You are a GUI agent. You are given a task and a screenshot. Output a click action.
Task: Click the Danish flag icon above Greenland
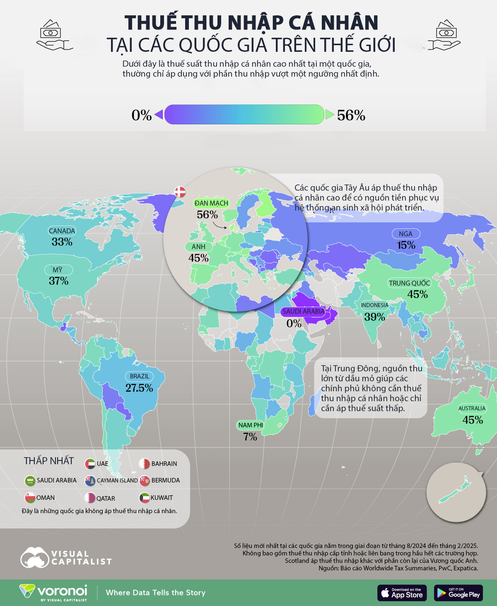tap(180, 191)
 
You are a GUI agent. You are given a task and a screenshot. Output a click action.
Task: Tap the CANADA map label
tap(62, 231)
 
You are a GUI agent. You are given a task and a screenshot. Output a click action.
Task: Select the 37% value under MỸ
tap(59, 281)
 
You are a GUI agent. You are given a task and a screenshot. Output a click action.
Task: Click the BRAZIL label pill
tap(140, 376)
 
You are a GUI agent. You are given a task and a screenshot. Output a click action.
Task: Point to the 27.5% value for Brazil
tap(139, 388)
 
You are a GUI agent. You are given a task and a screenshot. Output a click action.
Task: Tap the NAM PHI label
tap(251, 425)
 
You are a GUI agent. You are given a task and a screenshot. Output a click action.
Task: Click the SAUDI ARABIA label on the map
tap(303, 311)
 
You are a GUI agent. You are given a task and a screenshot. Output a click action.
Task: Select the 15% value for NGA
tap(406, 245)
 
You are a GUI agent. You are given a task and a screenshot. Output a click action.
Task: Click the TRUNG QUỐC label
tap(409, 283)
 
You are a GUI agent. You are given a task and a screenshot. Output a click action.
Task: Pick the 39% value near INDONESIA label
tap(375, 317)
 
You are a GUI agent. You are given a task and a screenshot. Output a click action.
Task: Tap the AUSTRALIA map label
tap(471, 408)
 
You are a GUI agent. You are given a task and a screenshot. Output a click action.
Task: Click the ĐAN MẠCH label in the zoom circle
tap(211, 203)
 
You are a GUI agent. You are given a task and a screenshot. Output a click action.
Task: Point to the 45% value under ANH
tap(198, 258)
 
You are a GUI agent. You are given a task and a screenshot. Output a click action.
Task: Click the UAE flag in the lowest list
tap(90, 463)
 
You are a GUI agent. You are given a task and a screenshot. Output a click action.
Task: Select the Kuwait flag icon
tap(145, 497)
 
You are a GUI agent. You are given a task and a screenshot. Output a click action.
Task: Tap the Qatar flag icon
tap(90, 497)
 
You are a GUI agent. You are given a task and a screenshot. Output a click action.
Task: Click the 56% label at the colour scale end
tap(351, 115)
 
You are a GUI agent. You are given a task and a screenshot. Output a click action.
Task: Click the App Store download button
tap(402, 593)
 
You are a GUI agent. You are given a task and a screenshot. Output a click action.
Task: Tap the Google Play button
tap(458, 593)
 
